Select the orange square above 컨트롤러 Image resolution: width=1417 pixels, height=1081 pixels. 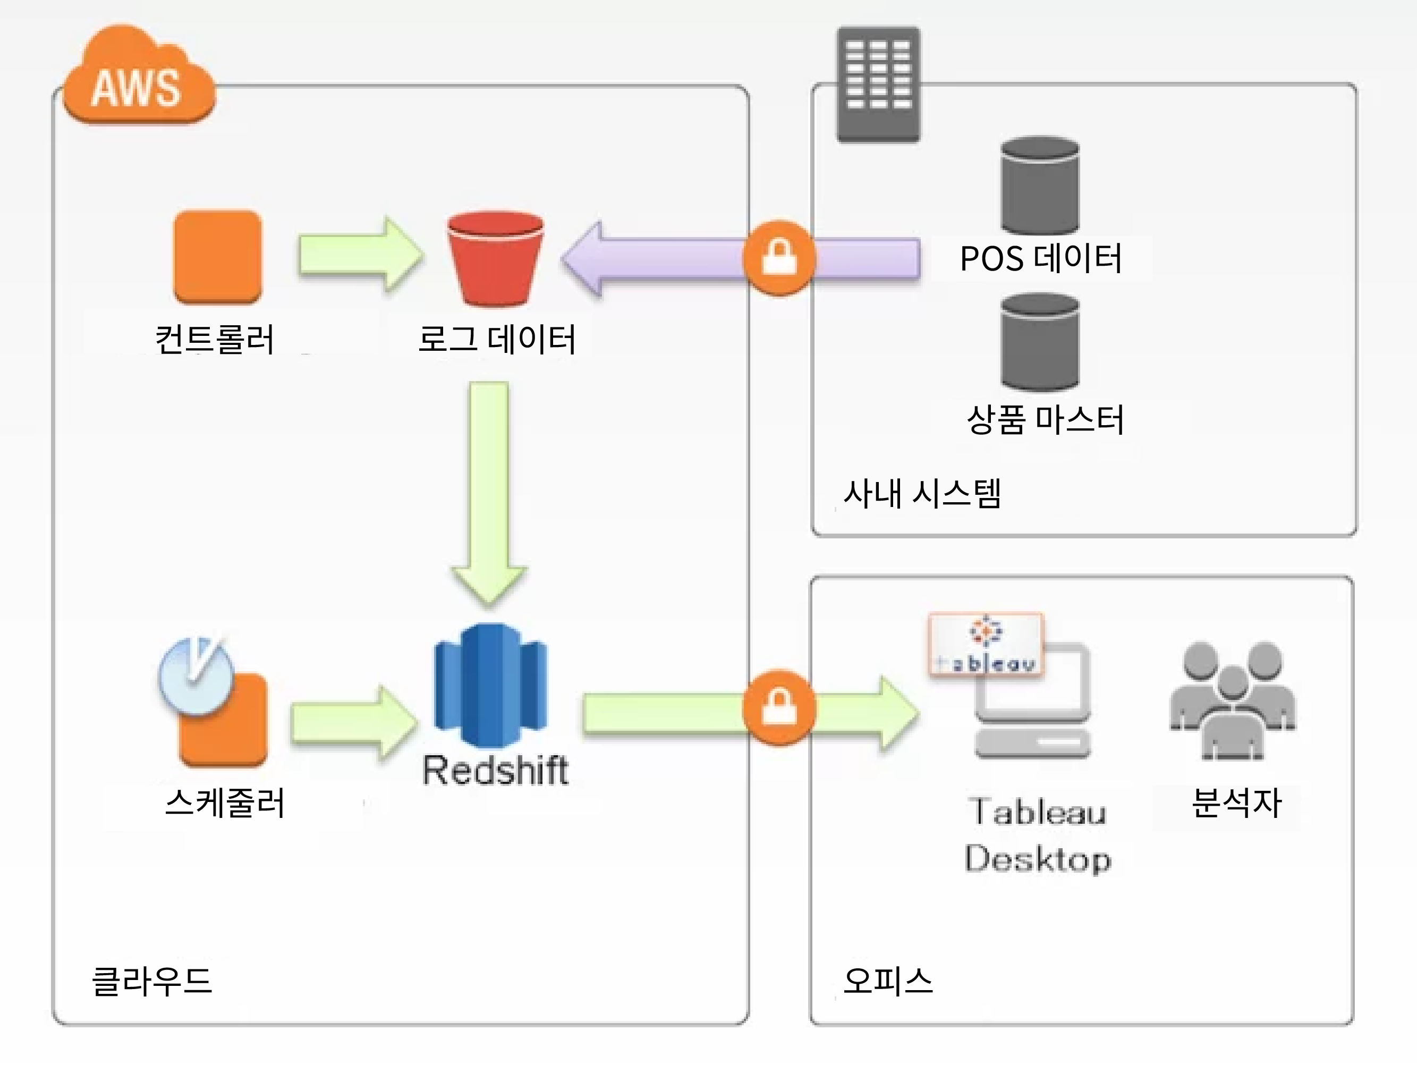point(217,257)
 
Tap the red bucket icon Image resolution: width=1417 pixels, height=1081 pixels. point(495,259)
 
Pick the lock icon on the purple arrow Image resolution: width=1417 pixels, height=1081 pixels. point(779,258)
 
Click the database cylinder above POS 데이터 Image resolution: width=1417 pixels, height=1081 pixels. point(1039,185)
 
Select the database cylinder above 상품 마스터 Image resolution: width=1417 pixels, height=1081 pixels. point(1039,342)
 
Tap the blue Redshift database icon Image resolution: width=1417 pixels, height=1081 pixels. point(491,685)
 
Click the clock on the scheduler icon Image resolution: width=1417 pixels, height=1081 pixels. point(196,675)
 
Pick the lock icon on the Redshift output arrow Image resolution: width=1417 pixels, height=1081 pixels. point(779,708)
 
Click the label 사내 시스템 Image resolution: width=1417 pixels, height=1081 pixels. point(922,494)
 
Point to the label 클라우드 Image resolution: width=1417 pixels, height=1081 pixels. point(152,981)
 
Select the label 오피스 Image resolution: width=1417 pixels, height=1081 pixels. point(888,981)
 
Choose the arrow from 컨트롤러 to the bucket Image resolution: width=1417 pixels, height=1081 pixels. point(361,255)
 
